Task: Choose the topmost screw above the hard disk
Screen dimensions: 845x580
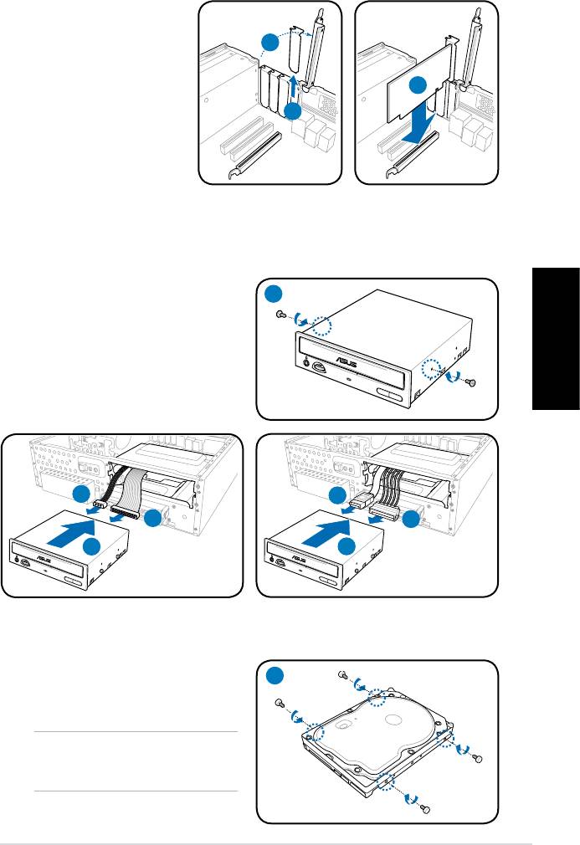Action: pyautogui.click(x=342, y=674)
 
